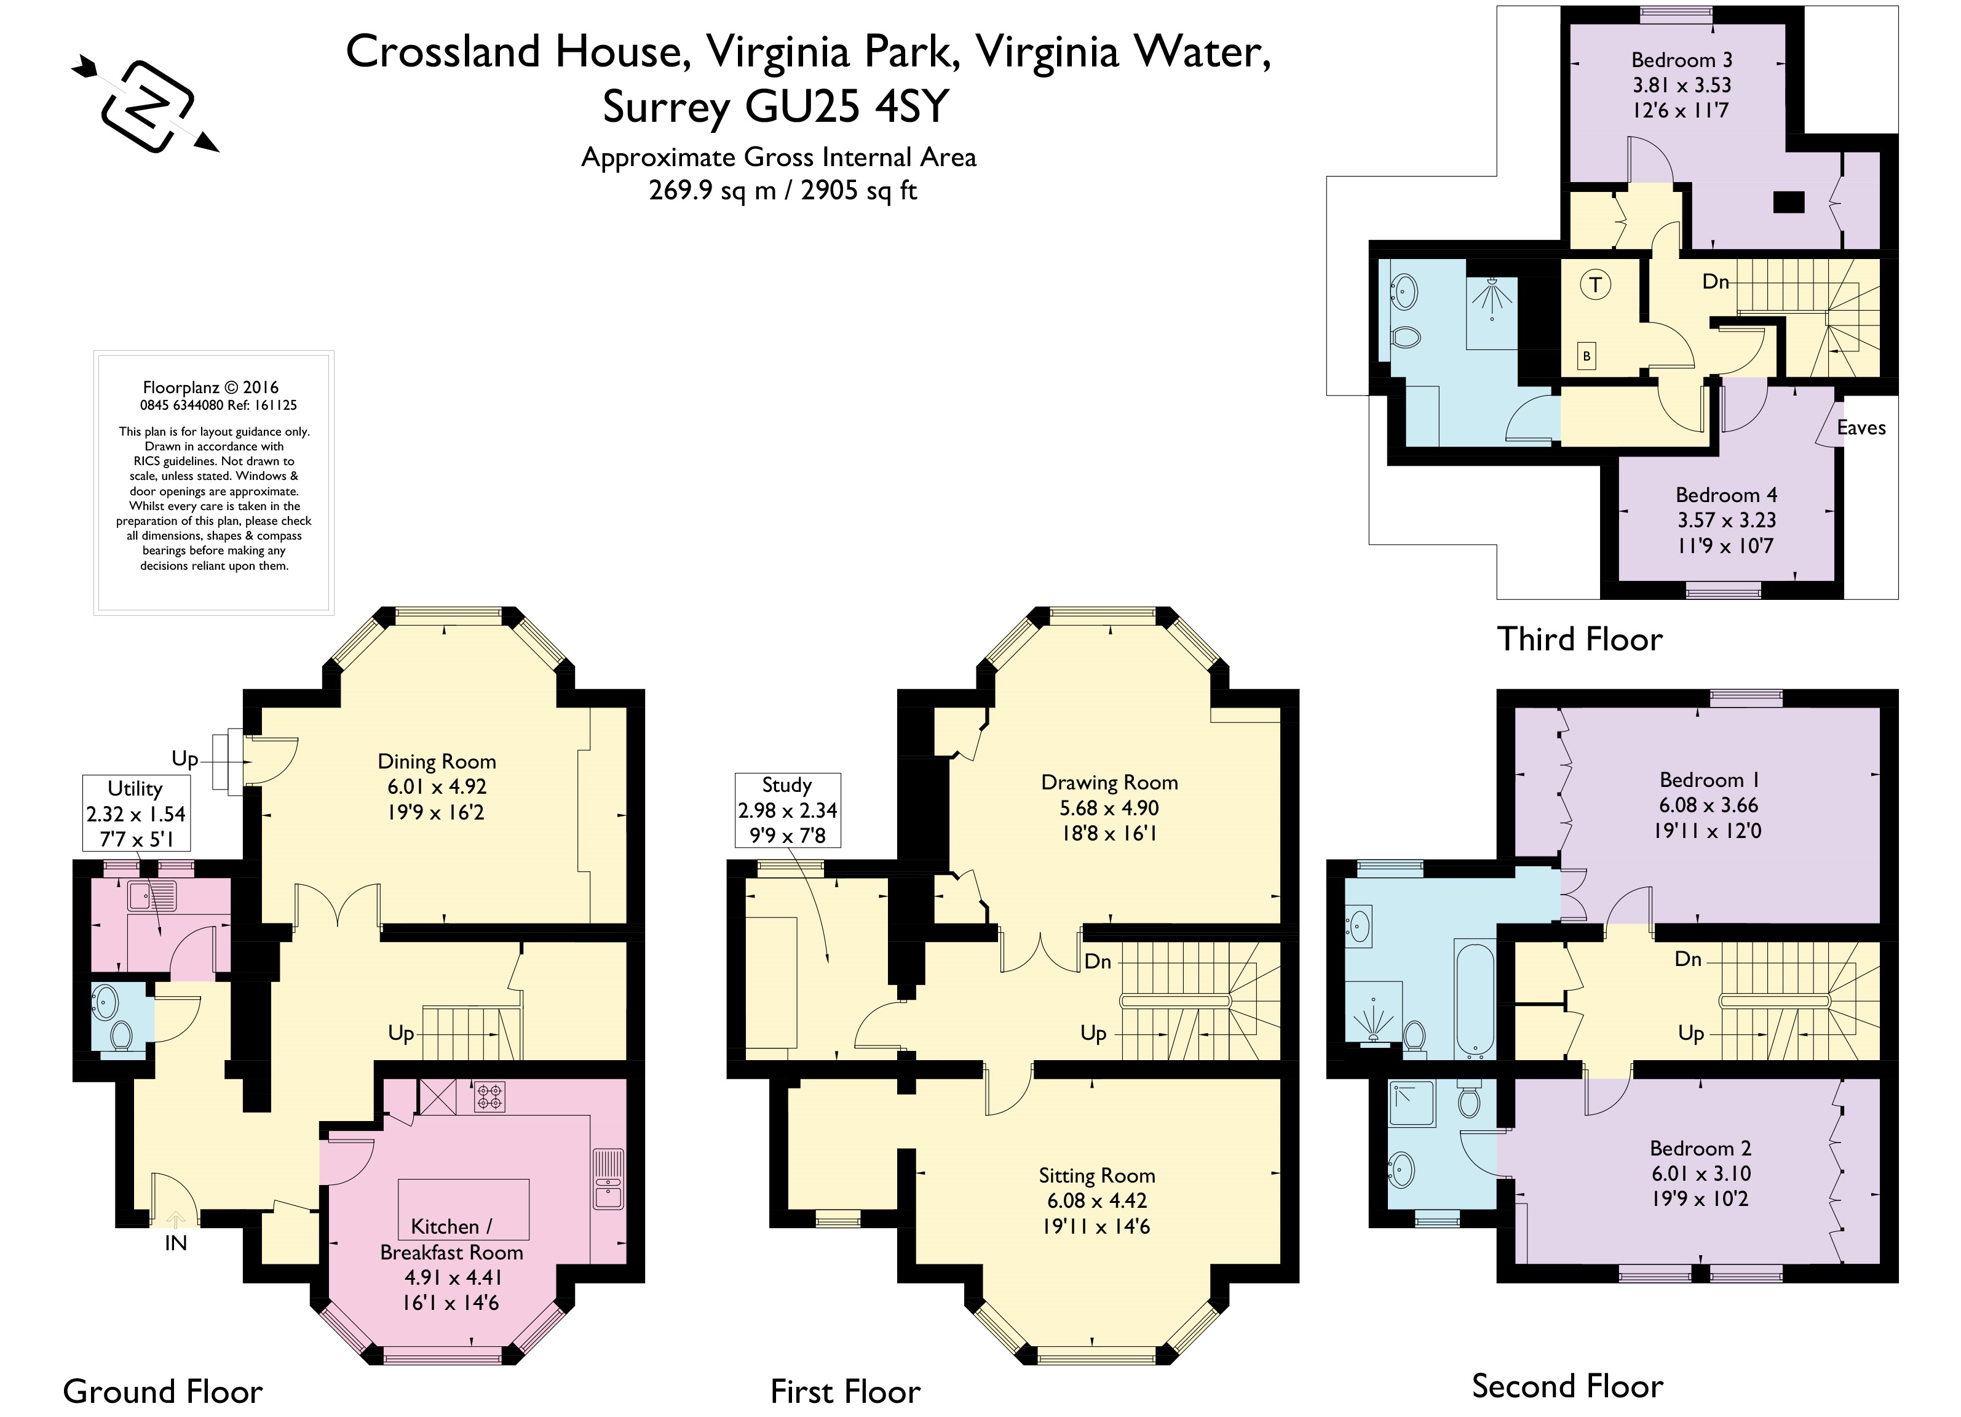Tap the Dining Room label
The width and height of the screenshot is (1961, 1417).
tap(437, 761)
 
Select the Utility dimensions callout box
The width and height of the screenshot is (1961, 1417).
tap(136, 813)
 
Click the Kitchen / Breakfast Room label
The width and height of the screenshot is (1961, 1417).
tap(451, 1239)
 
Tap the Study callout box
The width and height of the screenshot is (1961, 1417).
tap(787, 810)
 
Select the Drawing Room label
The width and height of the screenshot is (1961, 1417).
tap(1109, 783)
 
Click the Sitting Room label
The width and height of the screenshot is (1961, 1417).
tap(1096, 1176)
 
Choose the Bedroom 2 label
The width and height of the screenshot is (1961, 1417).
tap(1700, 1148)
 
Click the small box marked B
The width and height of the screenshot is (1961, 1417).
tap(1586, 356)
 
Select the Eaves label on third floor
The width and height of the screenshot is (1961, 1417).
tap(1861, 428)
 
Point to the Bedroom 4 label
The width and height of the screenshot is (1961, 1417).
tap(1726, 495)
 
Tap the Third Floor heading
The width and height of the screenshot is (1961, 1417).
tap(1580, 639)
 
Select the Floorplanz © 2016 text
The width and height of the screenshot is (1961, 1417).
tap(211, 388)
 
